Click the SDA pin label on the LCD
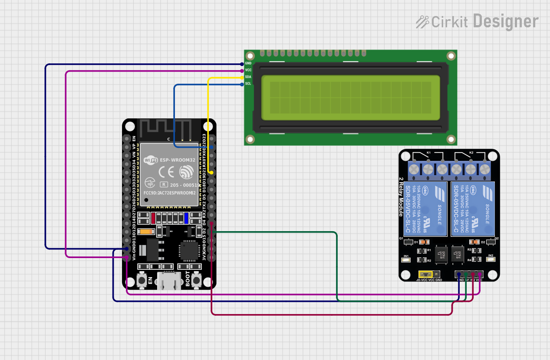pos(248,77)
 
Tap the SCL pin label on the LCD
pos(248,83)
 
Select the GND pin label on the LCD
pos(248,63)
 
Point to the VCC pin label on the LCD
pos(248,70)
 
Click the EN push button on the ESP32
pos(142,280)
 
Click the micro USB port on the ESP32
pos(169,281)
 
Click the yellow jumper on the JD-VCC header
pos(426,274)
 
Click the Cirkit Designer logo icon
pos(422,22)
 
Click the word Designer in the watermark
pos(506,21)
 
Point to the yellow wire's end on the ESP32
pos(211,173)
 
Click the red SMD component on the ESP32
pos(153,218)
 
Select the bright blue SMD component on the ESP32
pos(186,218)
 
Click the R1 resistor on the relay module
pos(421,251)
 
